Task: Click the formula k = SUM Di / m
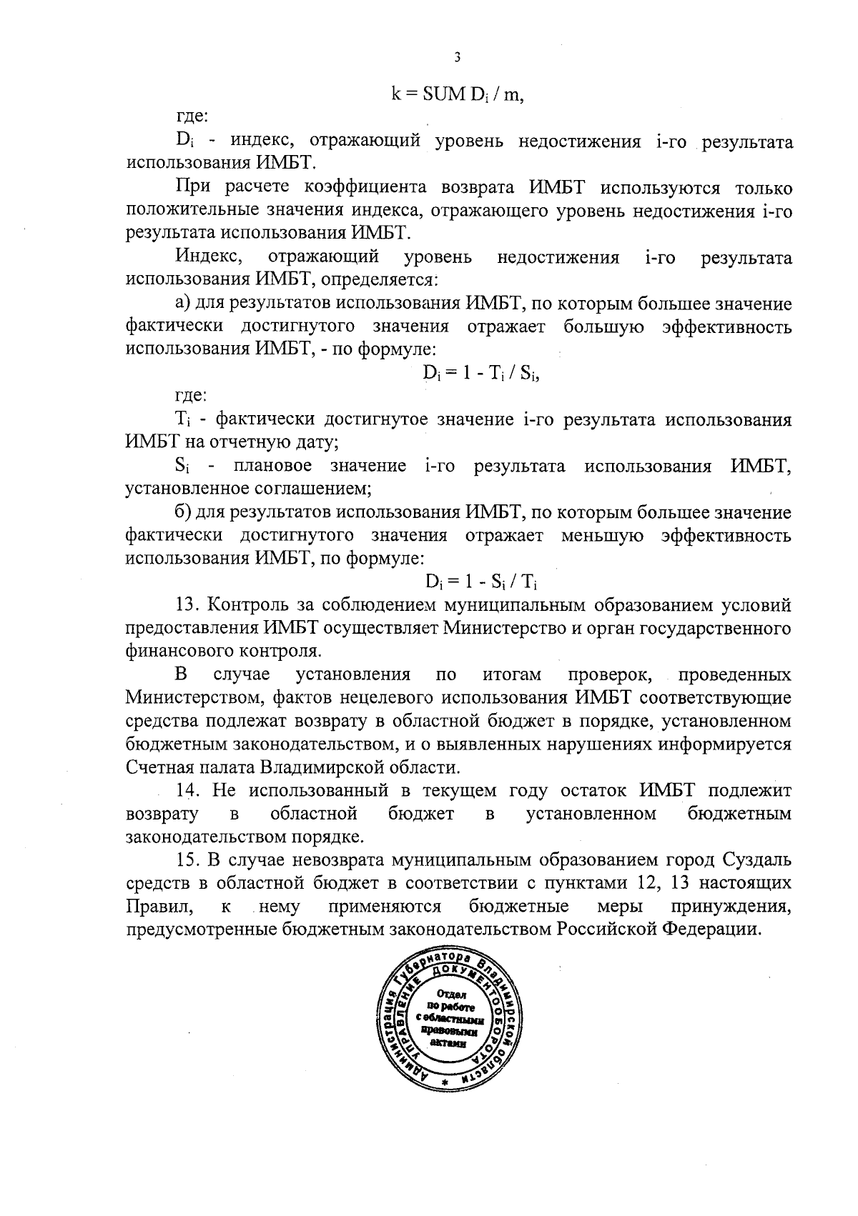click(x=458, y=95)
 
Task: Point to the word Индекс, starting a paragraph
click(x=203, y=256)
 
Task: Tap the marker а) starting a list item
click(x=182, y=303)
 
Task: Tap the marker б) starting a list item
click(x=182, y=512)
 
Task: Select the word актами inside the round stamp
click(x=448, y=1043)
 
